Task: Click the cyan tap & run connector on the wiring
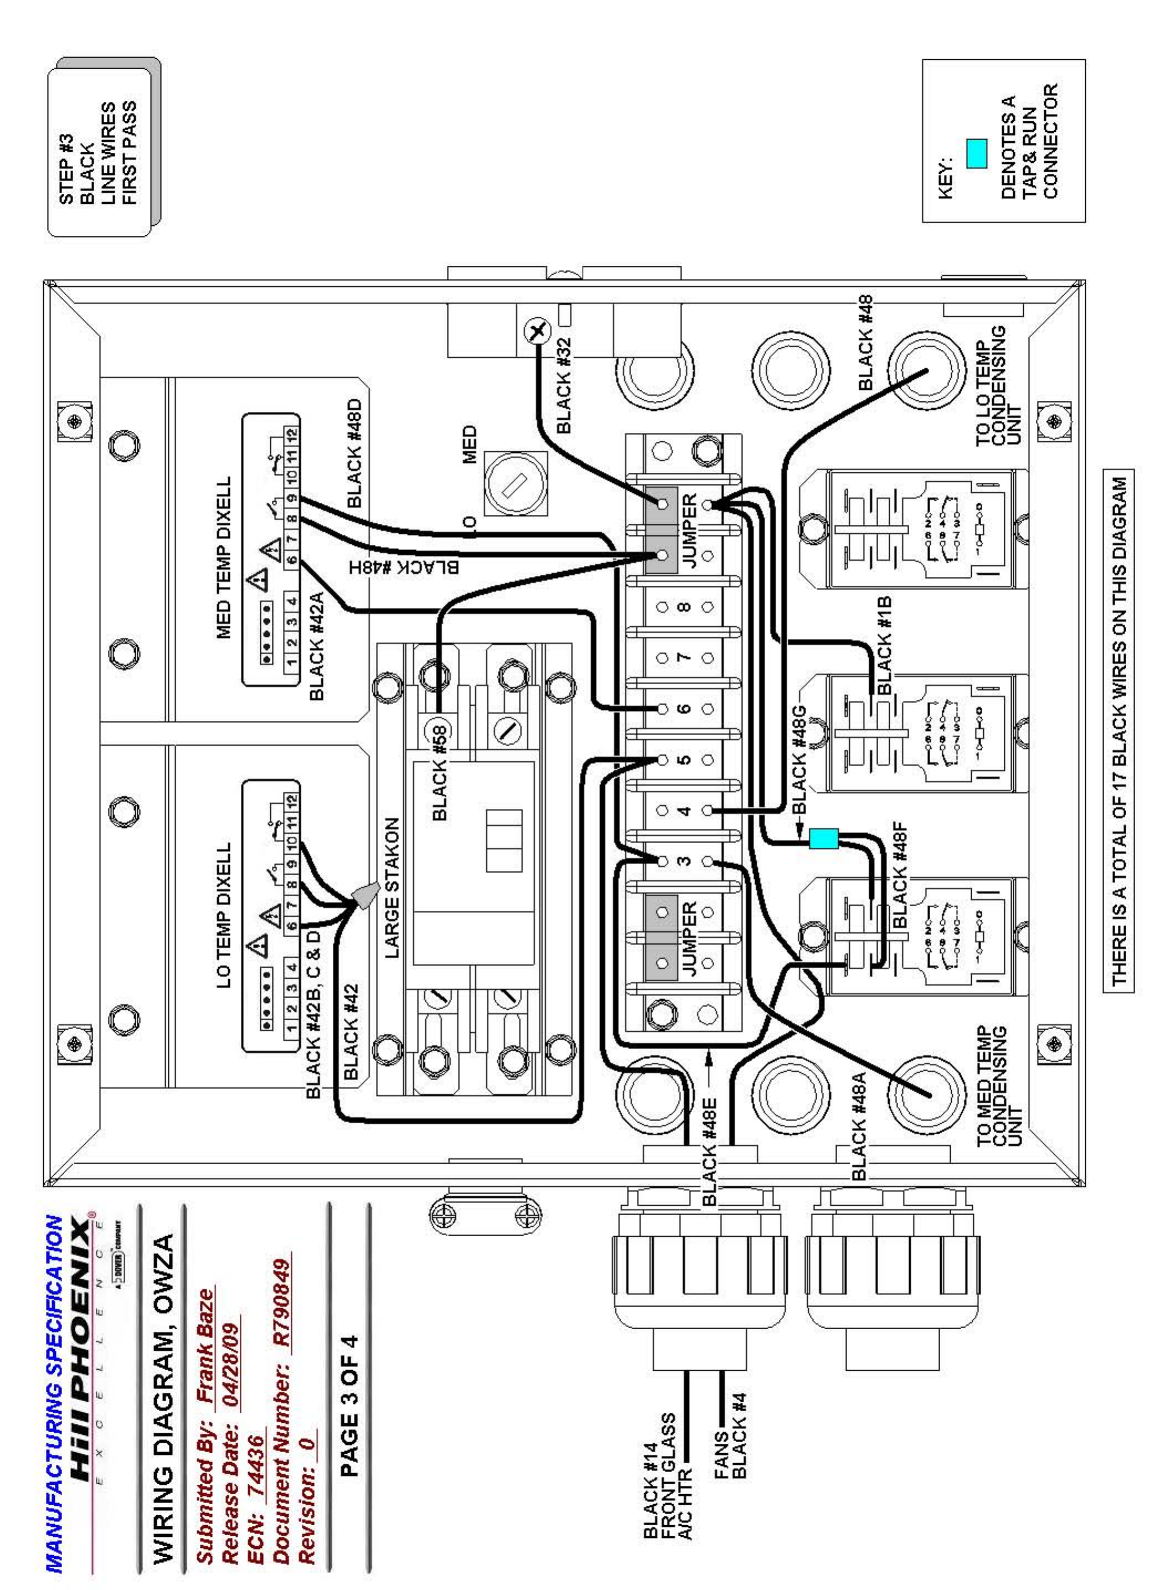tap(823, 838)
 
